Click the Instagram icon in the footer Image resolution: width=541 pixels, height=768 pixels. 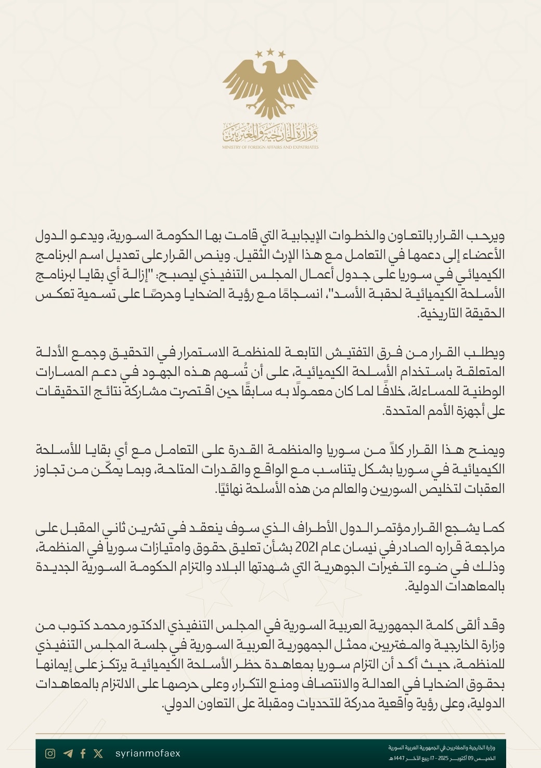pos(50,753)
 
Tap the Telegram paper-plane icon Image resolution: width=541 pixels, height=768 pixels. pos(68,753)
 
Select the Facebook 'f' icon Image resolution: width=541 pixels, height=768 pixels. pos(83,753)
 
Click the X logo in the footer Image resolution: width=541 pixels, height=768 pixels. pos(98,753)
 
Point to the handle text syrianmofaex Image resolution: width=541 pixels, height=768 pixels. pos(147,753)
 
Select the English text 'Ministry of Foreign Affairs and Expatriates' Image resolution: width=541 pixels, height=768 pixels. pos(270,147)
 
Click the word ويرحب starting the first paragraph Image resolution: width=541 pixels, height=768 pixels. pos(488,236)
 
